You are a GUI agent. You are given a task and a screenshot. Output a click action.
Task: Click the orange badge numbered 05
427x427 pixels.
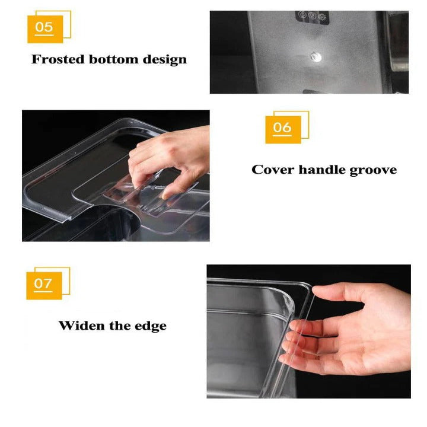pos(44,27)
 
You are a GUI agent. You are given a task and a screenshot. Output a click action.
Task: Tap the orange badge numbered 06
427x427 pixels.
pos(283,128)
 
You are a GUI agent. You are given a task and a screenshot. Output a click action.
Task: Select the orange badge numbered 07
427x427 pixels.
pos(44,283)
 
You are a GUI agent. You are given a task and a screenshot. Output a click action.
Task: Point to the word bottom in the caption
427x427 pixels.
pos(116,59)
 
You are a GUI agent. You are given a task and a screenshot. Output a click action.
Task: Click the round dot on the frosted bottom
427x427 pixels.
pos(315,57)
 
